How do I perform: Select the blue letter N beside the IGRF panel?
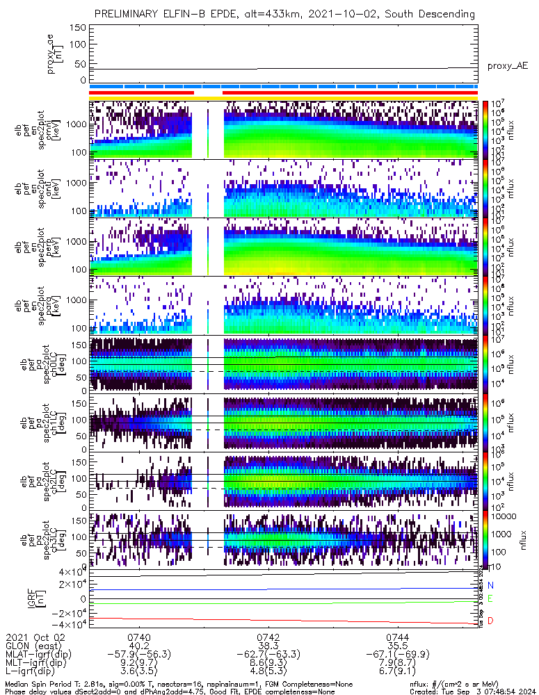(x=490, y=586)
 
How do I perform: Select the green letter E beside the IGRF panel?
(x=490, y=598)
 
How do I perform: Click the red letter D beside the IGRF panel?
(x=490, y=620)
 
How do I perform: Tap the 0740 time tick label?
(x=139, y=637)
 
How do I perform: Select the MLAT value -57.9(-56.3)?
(x=139, y=655)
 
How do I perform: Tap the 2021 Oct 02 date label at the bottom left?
(x=35, y=637)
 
